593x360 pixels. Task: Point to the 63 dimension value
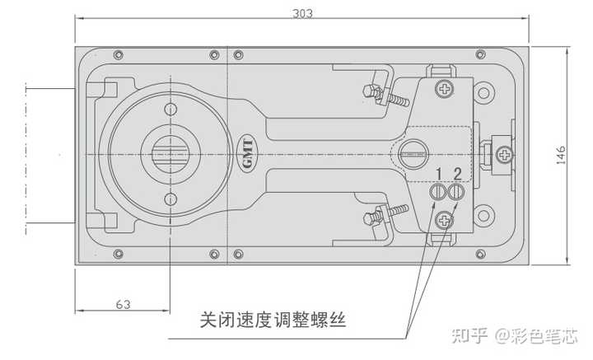(x=123, y=304)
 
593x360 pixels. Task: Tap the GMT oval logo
(x=247, y=154)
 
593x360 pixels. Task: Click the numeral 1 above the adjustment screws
(x=440, y=173)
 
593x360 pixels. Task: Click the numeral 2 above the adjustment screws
(x=457, y=173)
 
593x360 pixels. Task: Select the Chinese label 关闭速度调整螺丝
(x=272, y=319)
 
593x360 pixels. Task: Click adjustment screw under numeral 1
(x=439, y=192)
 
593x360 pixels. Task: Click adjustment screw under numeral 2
(x=457, y=192)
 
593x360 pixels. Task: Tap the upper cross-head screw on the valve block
(x=446, y=87)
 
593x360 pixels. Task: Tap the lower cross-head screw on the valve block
(x=446, y=220)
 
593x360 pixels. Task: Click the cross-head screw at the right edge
(x=504, y=154)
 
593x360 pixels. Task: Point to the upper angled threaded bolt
(x=389, y=92)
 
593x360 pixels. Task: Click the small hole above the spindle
(x=170, y=110)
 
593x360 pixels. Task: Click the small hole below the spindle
(x=170, y=198)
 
